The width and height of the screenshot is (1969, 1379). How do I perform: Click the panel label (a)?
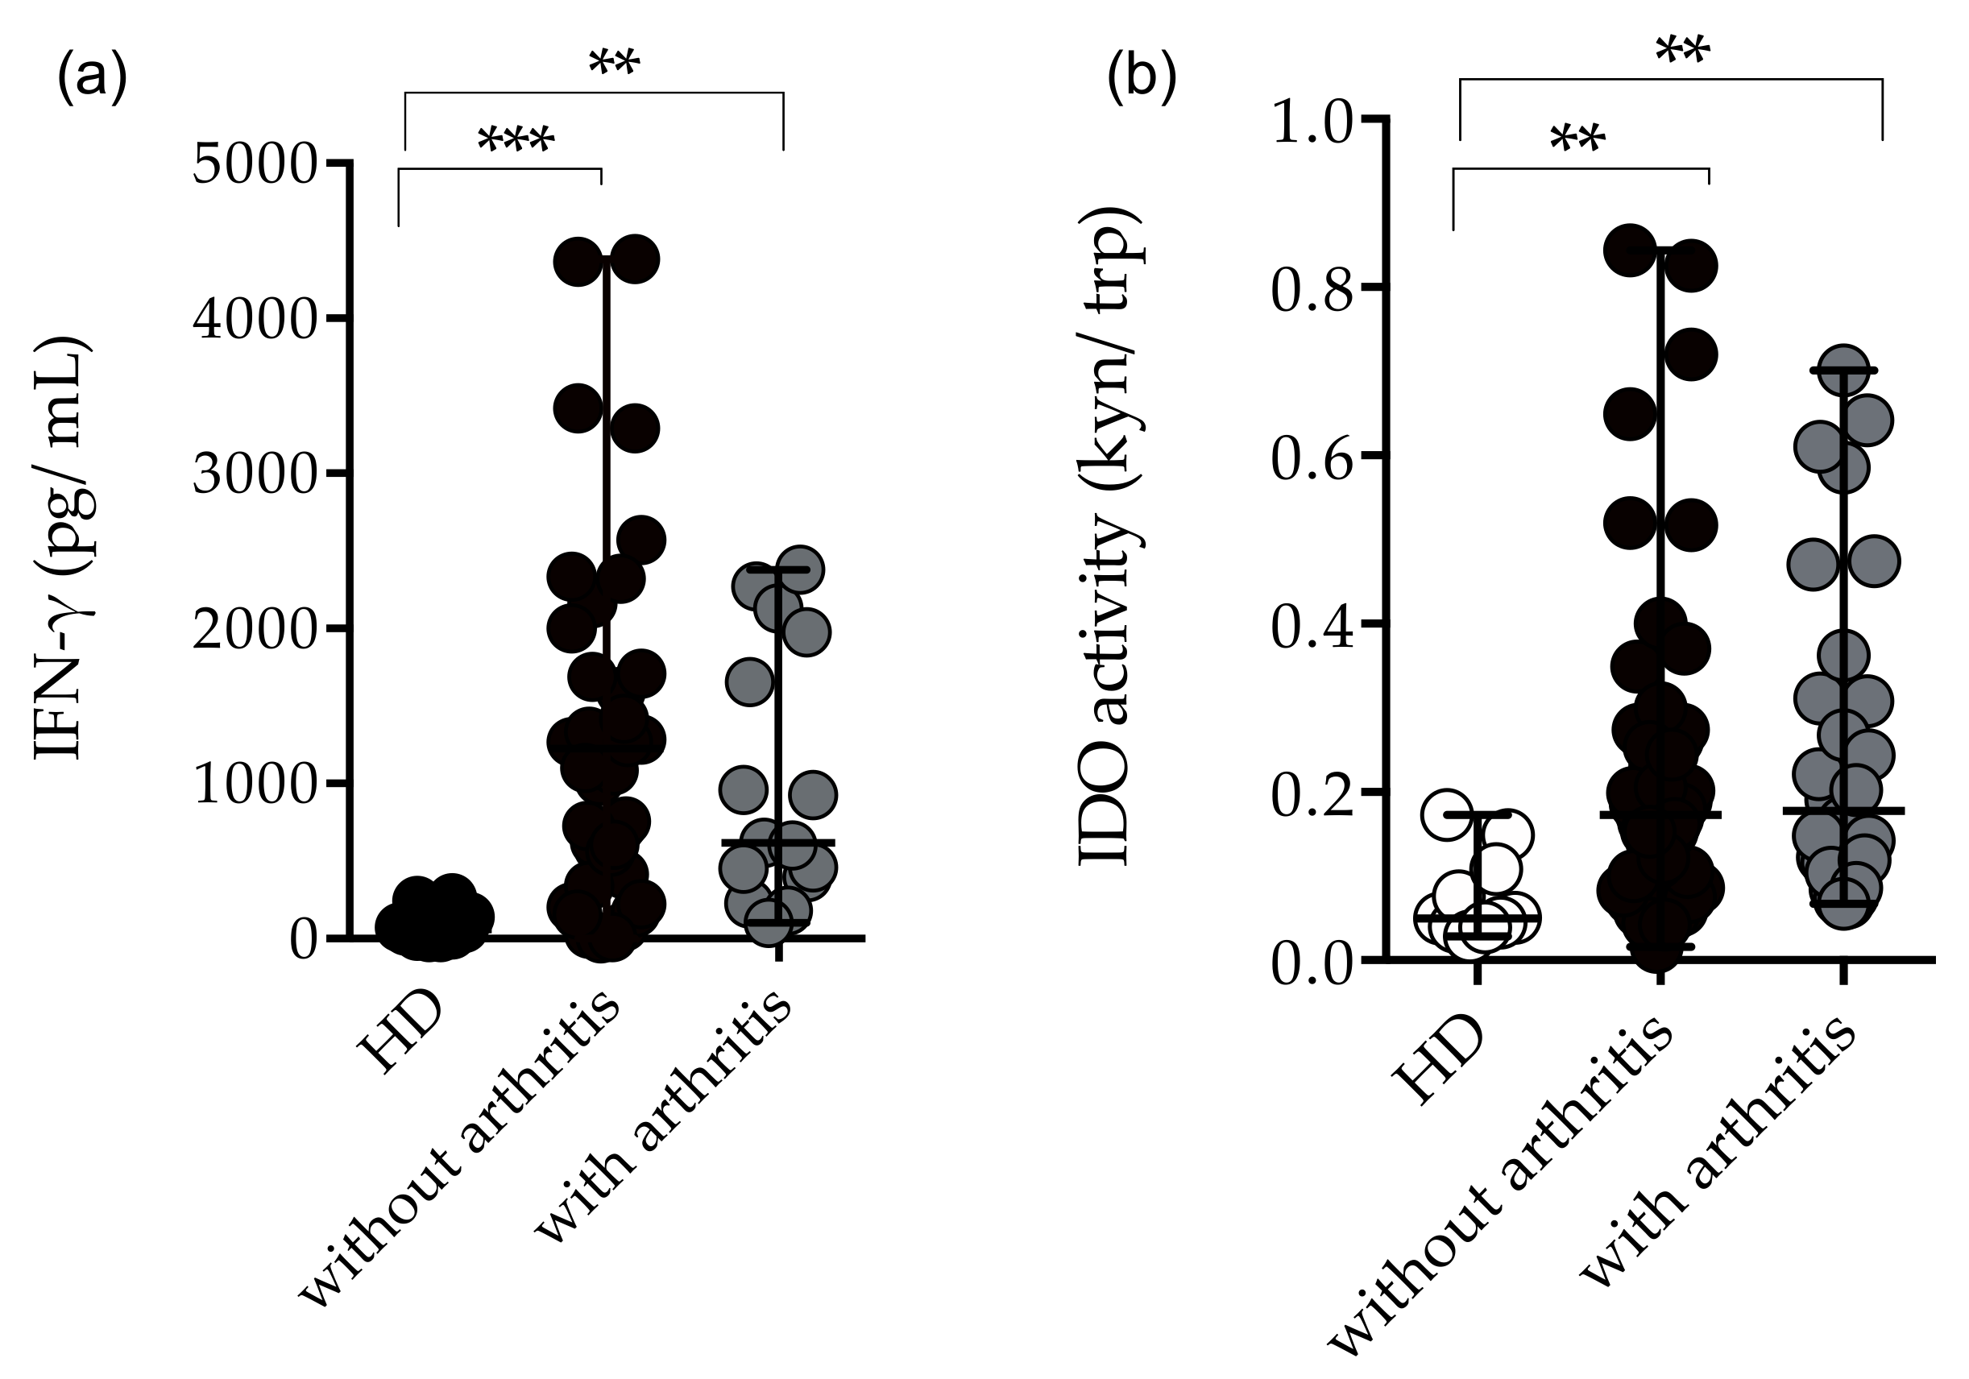point(92,77)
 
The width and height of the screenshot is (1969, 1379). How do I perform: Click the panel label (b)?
point(1142,77)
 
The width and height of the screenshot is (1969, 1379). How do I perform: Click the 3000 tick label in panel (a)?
point(255,474)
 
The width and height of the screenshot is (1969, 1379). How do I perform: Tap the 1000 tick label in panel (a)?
point(255,785)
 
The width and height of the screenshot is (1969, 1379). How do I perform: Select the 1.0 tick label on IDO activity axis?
point(1312,122)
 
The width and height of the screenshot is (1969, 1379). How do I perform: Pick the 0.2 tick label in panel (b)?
point(1312,794)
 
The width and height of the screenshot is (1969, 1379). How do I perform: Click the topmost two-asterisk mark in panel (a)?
point(614,63)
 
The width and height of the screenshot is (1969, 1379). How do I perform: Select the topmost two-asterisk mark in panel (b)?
point(1681,52)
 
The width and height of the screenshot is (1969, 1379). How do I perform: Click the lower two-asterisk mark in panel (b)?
point(1577,139)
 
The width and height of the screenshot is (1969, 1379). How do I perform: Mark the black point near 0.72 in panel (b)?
point(1689,355)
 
